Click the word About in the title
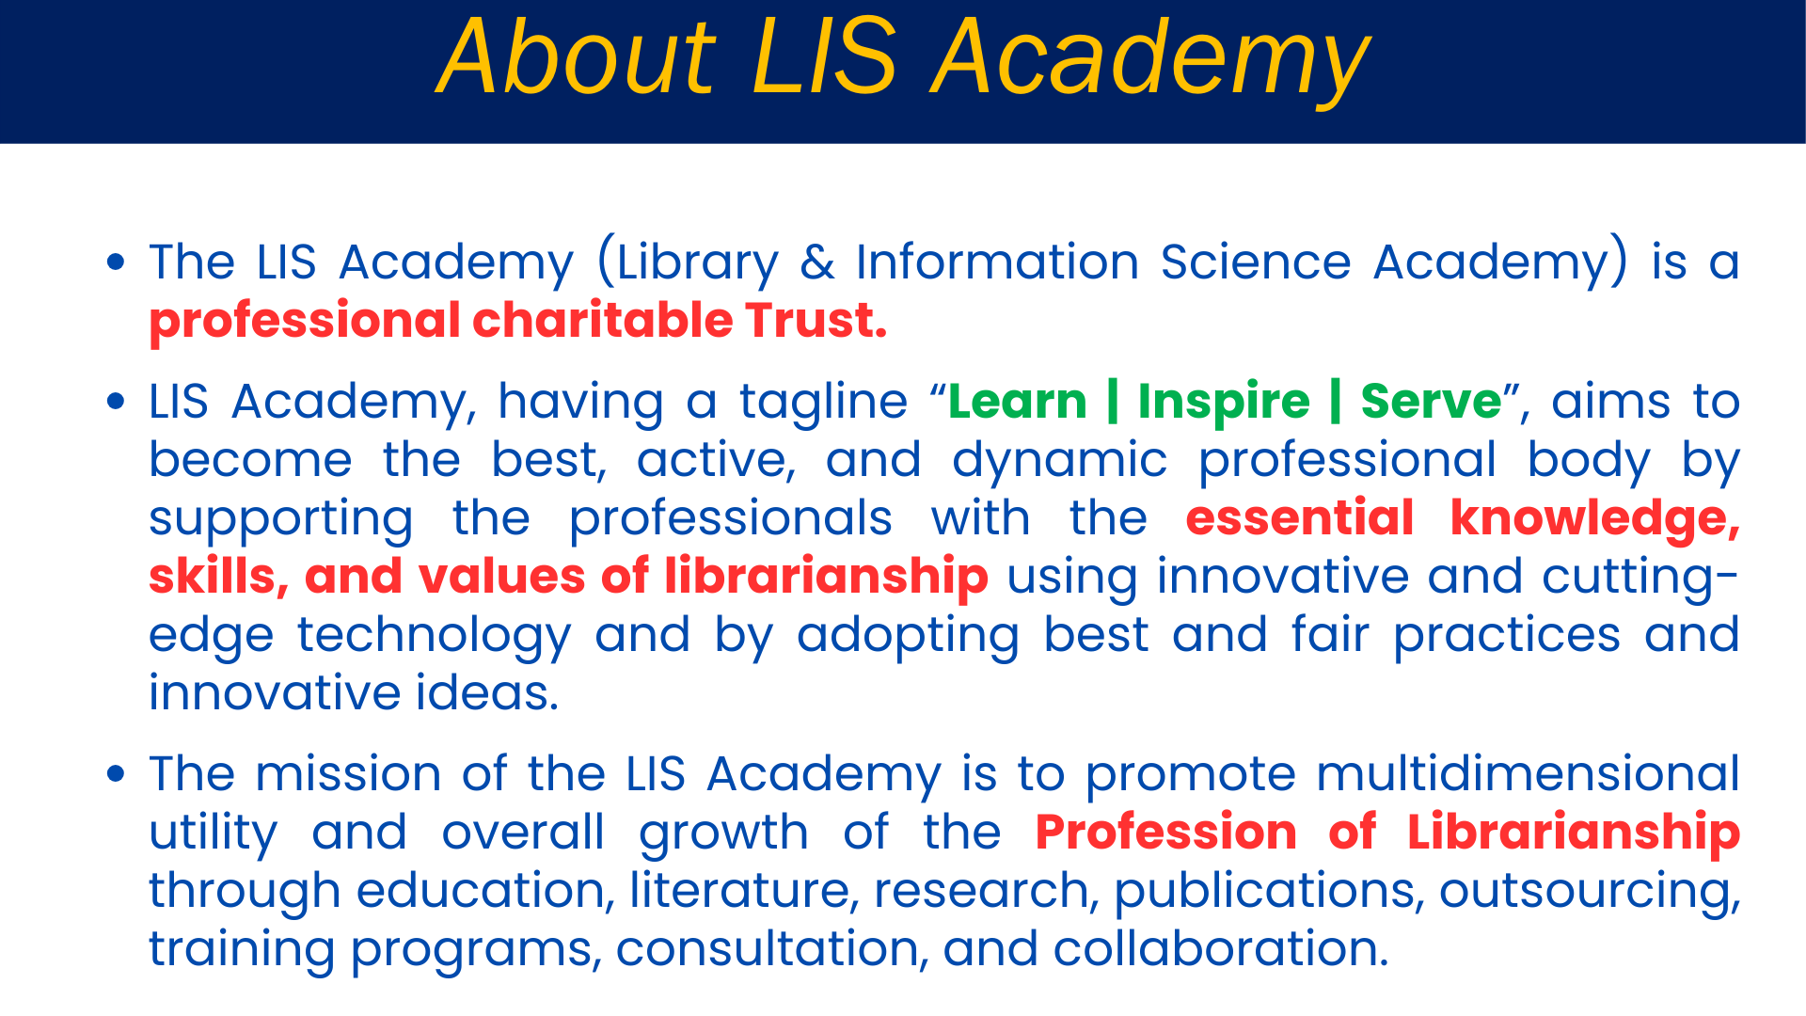tap(578, 58)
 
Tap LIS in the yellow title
tap(824, 58)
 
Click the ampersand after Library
tap(817, 262)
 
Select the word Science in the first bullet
tap(1256, 262)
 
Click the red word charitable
tap(602, 321)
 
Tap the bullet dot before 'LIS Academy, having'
tap(116, 402)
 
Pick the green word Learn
tap(1018, 402)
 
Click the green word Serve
tap(1432, 402)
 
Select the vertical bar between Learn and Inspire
tap(1113, 403)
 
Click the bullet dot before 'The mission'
tap(116, 774)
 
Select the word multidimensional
tap(1528, 774)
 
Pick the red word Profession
tap(1166, 833)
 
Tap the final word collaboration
tap(1221, 949)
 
